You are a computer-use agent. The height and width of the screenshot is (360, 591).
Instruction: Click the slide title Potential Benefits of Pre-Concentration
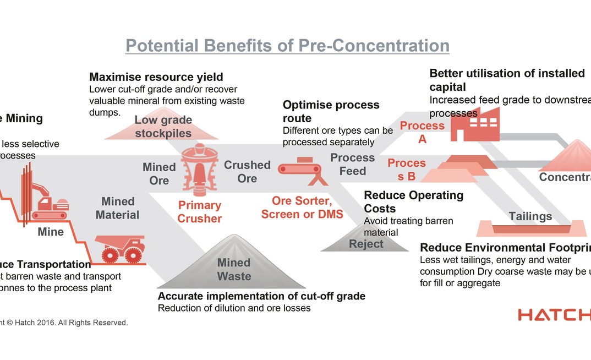pyautogui.click(x=287, y=45)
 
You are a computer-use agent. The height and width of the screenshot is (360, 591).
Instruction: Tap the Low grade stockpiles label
pyautogui.click(x=163, y=127)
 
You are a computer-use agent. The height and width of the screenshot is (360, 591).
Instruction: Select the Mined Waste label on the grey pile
pyautogui.click(x=234, y=269)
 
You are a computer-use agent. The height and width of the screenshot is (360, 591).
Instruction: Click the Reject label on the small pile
pyautogui.click(x=366, y=243)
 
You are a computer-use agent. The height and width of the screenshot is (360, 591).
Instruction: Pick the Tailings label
pyautogui.click(x=530, y=216)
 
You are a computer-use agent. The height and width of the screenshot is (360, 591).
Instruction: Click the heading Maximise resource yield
pyautogui.click(x=156, y=77)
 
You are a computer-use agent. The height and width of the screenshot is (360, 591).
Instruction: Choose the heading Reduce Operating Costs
pyautogui.click(x=414, y=201)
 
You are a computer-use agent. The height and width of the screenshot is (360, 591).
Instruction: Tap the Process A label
pyautogui.click(x=422, y=132)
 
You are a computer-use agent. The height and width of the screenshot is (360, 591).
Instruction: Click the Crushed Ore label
pyautogui.click(x=247, y=172)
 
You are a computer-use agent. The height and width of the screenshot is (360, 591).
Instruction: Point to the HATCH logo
pyautogui.click(x=554, y=315)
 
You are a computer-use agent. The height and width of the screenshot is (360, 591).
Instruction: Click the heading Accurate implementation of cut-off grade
pyautogui.click(x=261, y=296)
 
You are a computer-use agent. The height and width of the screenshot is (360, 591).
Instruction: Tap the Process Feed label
pyautogui.click(x=352, y=164)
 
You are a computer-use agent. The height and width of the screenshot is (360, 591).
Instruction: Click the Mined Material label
pyautogui.click(x=118, y=208)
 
